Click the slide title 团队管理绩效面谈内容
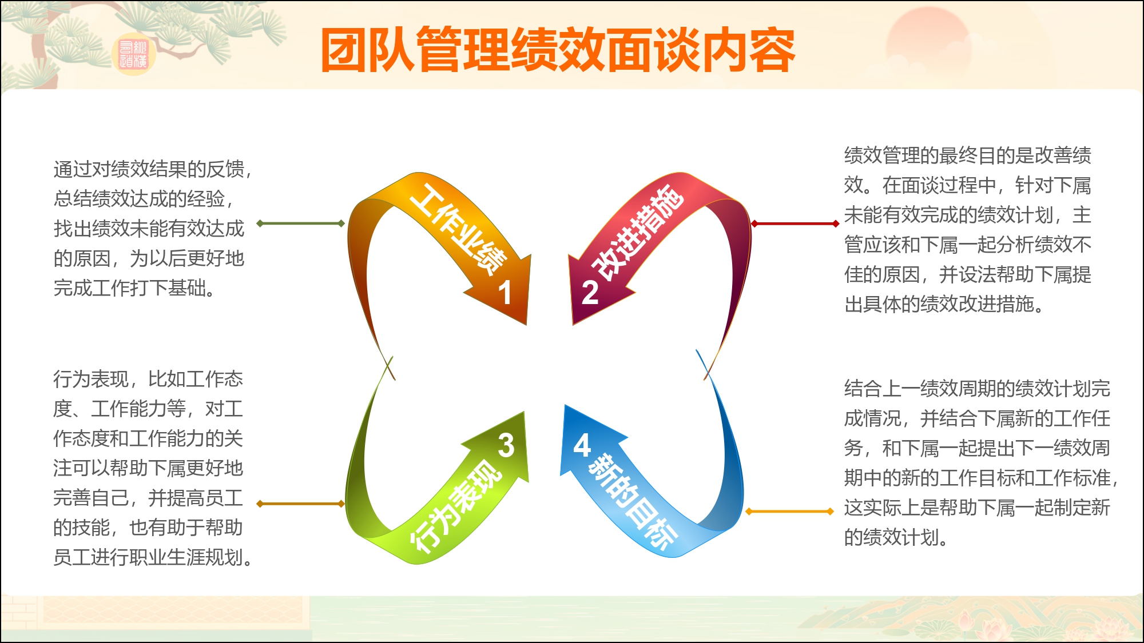[558, 50]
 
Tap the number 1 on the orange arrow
[505, 293]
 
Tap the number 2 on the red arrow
[590, 293]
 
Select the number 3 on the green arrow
[506, 445]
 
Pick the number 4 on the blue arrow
[582, 445]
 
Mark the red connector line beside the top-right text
[795, 223]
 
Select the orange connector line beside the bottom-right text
[789, 512]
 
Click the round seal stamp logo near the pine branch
[133, 55]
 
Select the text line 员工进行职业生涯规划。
[153, 557]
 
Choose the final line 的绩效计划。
[896, 537]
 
